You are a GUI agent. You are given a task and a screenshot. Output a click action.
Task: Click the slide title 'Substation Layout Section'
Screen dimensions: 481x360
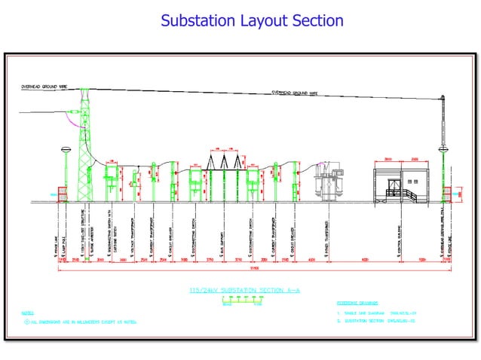[x=252, y=20]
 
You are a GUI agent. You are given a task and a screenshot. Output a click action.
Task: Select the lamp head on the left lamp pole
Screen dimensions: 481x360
[x=66, y=150]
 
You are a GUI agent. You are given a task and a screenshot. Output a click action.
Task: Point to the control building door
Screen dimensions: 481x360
[x=394, y=188]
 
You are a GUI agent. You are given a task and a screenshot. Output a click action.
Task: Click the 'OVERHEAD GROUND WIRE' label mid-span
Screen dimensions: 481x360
[x=294, y=93]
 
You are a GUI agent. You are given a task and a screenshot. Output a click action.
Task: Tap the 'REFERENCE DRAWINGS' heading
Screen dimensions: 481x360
[x=359, y=304]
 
